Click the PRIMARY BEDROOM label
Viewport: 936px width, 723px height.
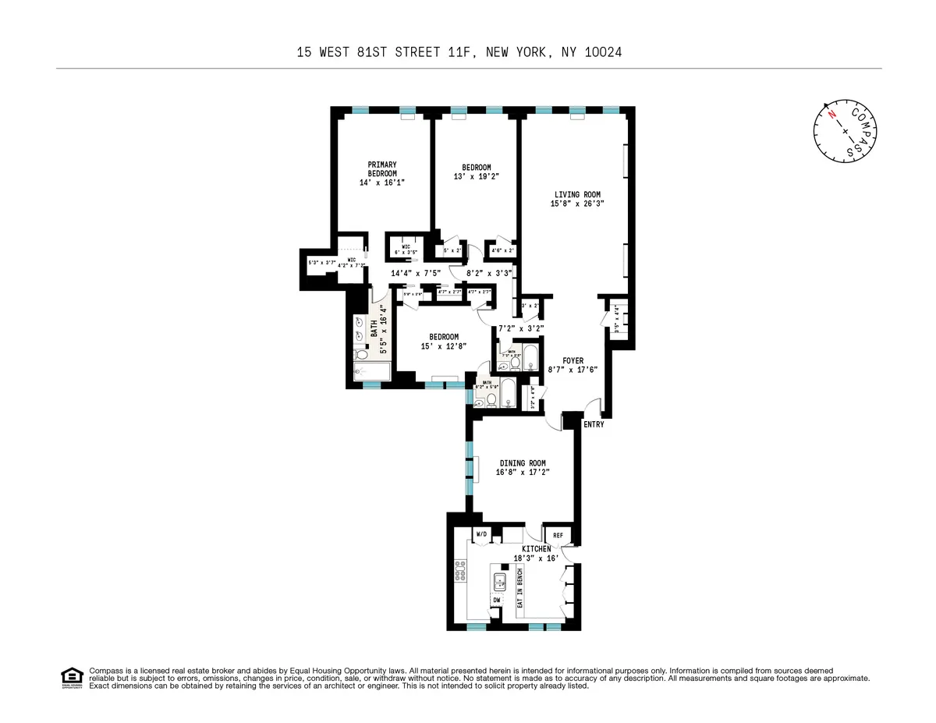pyautogui.click(x=382, y=168)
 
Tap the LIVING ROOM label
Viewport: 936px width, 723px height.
pyautogui.click(x=578, y=194)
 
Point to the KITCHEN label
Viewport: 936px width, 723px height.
pyautogui.click(x=532, y=549)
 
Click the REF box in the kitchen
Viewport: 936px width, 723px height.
pyautogui.click(x=558, y=536)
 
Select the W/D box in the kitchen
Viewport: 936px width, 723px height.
pyautogui.click(x=480, y=534)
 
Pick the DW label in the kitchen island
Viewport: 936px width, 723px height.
pyautogui.click(x=496, y=600)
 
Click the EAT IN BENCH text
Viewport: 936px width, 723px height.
pyautogui.click(x=520, y=589)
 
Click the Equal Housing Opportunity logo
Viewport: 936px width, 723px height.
pyautogui.click(x=72, y=677)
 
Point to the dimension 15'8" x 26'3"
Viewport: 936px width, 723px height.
pyautogui.click(x=578, y=204)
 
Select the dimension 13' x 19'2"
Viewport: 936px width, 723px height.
pyautogui.click(x=476, y=176)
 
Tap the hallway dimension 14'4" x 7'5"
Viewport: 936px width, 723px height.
pyautogui.click(x=416, y=272)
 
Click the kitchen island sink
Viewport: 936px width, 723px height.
pyautogui.click(x=498, y=580)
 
